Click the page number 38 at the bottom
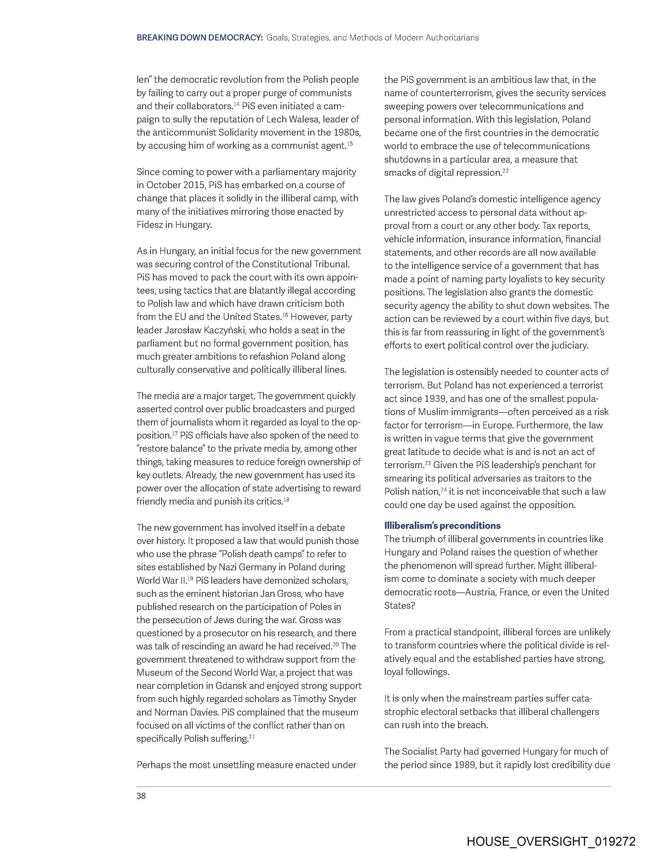141,796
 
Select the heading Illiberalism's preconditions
442,525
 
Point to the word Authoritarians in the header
452,38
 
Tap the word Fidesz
150,225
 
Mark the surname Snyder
341,699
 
